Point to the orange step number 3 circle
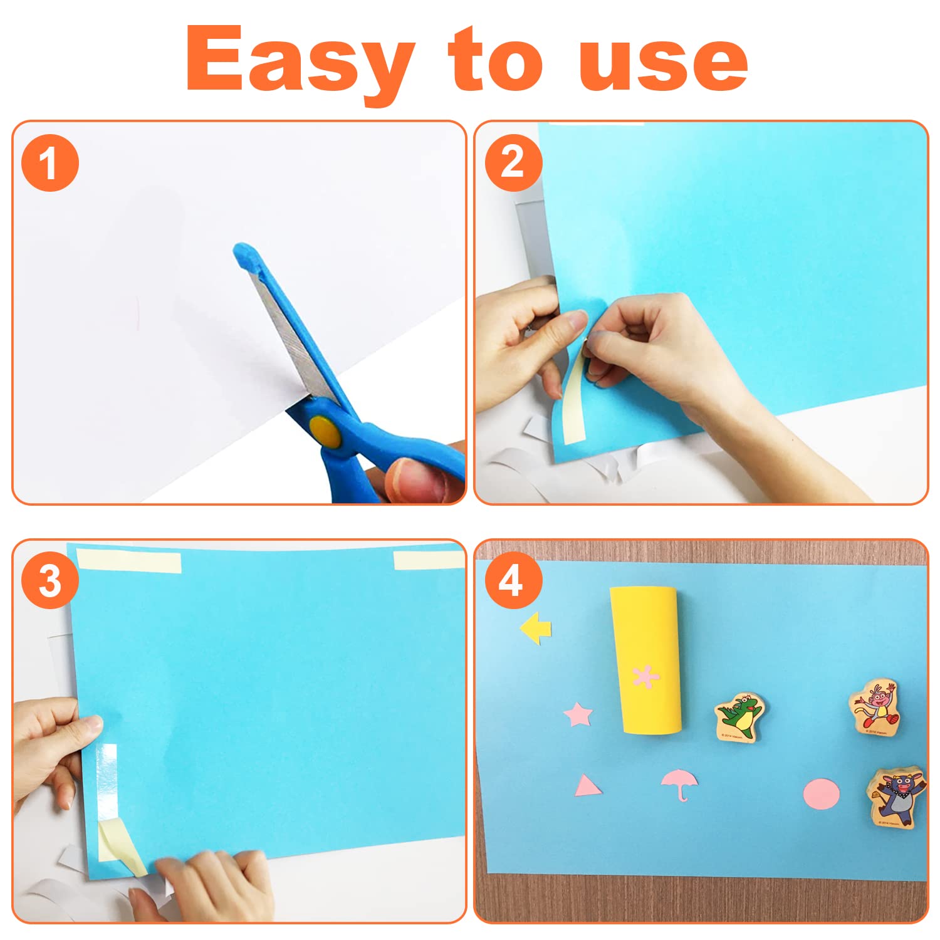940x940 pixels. click(x=50, y=582)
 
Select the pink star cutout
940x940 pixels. click(x=578, y=714)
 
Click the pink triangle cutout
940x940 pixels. click(x=587, y=786)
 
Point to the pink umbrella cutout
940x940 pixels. click(x=679, y=784)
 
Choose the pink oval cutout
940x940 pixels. click(x=822, y=794)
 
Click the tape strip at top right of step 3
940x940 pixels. click(x=429, y=560)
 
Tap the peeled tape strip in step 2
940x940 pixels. click(x=572, y=402)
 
